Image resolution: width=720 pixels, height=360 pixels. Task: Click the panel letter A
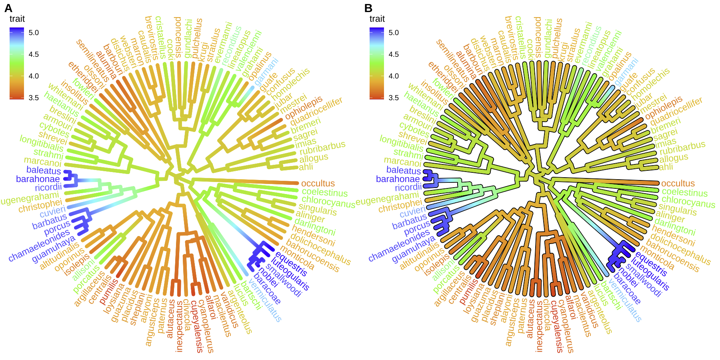[8, 8]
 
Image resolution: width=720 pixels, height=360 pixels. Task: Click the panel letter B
[368, 8]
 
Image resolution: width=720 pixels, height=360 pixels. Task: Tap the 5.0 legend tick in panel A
[34, 33]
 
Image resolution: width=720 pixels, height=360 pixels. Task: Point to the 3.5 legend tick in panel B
[394, 98]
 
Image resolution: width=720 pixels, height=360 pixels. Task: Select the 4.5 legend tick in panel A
[34, 54]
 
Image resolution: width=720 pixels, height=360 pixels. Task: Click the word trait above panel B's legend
[377, 19]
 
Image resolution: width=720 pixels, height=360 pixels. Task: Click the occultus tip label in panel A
[318, 184]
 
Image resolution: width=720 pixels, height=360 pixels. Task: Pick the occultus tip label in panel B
[678, 184]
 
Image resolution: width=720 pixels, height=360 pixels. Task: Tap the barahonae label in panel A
[38, 179]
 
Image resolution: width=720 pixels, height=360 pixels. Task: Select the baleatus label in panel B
[404, 170]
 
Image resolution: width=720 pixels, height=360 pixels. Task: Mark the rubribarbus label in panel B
[682, 148]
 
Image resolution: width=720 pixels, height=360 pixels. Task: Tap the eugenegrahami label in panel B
[387, 199]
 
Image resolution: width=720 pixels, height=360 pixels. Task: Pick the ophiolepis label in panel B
[664, 107]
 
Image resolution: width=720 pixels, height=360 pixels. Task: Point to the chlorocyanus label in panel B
[688, 202]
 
